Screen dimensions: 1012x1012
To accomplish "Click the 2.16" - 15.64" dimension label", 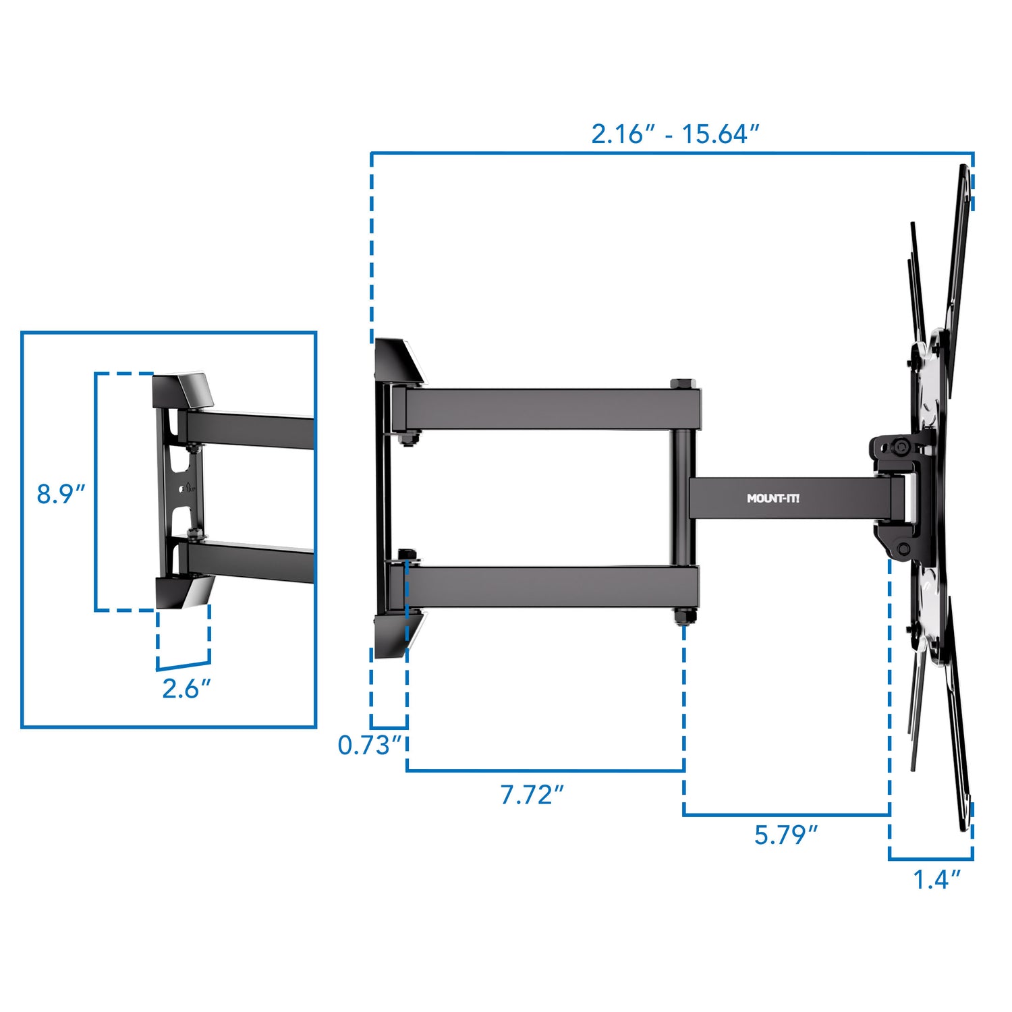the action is pos(675,134).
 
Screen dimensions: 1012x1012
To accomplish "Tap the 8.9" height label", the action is pos(61,494).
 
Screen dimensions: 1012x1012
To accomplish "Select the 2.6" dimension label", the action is pos(186,688).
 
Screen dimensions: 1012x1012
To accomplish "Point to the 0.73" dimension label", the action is pos(370,745).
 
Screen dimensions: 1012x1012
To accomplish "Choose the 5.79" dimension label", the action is pos(785,835).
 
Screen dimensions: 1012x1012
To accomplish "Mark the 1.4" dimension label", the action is pos(936,879).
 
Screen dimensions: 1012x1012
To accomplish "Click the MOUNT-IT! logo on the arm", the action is pos(773,499).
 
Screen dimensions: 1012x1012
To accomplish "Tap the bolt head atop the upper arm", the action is pos(680,384).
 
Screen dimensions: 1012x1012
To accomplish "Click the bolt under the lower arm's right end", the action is pos(683,616).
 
